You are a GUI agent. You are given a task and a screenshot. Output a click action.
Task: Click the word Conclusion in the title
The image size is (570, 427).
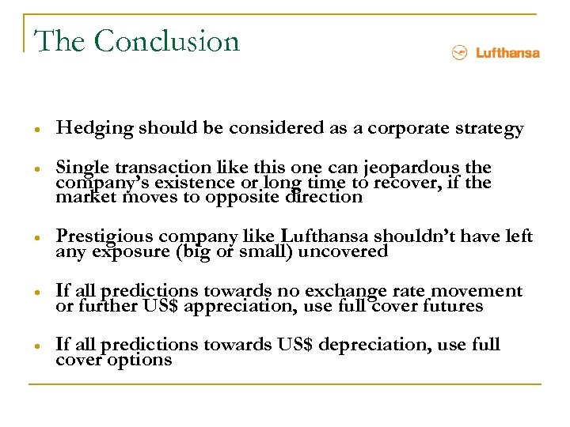[167, 41]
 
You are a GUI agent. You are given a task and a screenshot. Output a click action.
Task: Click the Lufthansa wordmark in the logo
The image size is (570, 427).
[507, 53]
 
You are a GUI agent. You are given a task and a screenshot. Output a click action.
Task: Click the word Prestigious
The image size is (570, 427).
[105, 236]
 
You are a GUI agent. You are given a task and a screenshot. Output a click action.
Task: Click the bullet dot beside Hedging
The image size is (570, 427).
[39, 130]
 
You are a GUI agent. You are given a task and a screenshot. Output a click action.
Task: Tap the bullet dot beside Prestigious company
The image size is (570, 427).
[39, 237]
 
